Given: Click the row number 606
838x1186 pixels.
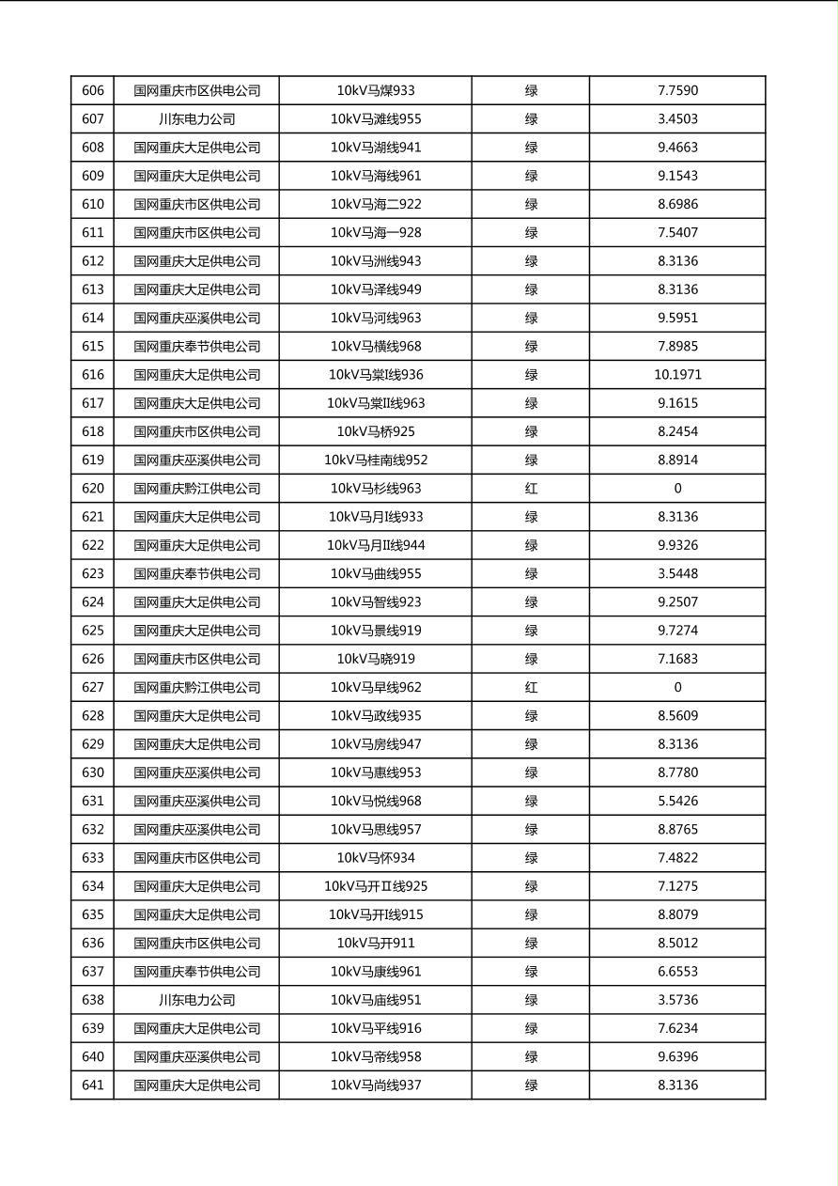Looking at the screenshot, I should tap(93, 91).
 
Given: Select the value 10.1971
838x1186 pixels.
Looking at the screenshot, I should tap(677, 375).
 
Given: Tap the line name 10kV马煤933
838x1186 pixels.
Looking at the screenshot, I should tap(376, 91).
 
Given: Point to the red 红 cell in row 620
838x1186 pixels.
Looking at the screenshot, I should tap(531, 489).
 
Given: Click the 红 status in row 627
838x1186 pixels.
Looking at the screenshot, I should tap(531, 688).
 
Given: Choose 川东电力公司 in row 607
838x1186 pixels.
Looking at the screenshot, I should tap(196, 119).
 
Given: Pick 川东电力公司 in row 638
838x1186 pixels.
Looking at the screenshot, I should tap(196, 1000).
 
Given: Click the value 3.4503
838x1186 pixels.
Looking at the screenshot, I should tap(677, 119).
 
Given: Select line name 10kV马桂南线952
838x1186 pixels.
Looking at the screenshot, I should tap(376, 460).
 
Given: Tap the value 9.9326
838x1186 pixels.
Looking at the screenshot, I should tap(677, 545).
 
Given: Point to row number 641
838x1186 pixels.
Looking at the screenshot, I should tap(93, 1085).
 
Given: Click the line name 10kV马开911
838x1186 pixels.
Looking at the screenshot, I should tap(376, 944).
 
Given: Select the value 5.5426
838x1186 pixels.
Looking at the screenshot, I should tap(677, 802).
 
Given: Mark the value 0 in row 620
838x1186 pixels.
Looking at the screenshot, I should tap(677, 489).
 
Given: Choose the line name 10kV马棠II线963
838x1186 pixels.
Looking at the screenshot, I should tap(376, 403).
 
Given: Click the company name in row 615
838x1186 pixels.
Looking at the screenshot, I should tap(196, 347).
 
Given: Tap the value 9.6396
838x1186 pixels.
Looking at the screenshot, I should tap(677, 1057).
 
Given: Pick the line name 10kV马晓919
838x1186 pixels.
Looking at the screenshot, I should tap(376, 659).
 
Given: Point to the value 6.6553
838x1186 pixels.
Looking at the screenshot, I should tap(677, 972).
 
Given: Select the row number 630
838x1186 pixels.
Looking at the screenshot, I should tap(93, 772).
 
